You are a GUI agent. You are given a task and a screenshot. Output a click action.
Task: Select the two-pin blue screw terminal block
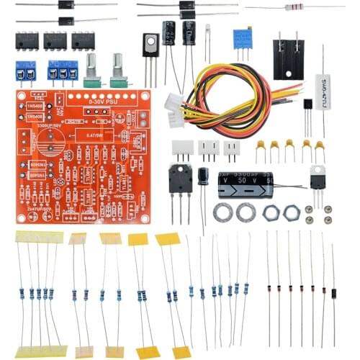click(x=27, y=71)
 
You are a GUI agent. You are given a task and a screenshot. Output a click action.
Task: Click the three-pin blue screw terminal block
click(x=63, y=71)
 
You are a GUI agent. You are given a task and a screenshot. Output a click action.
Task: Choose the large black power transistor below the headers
click(x=180, y=177)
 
